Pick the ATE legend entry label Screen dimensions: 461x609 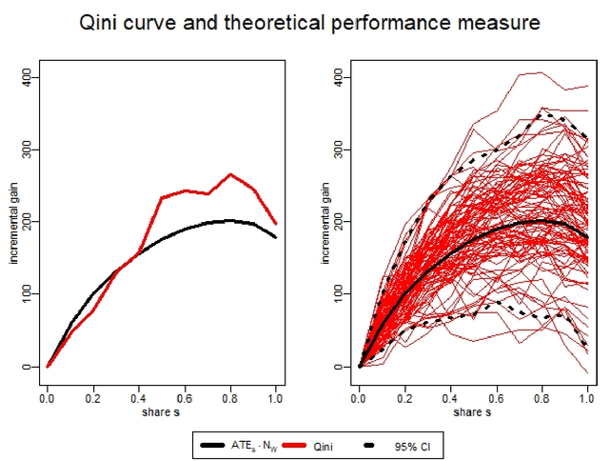point(255,445)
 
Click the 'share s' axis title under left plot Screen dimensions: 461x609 point(161,411)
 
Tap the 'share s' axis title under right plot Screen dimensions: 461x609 point(473,411)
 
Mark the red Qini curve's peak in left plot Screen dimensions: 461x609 point(230,174)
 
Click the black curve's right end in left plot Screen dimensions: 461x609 point(275,236)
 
